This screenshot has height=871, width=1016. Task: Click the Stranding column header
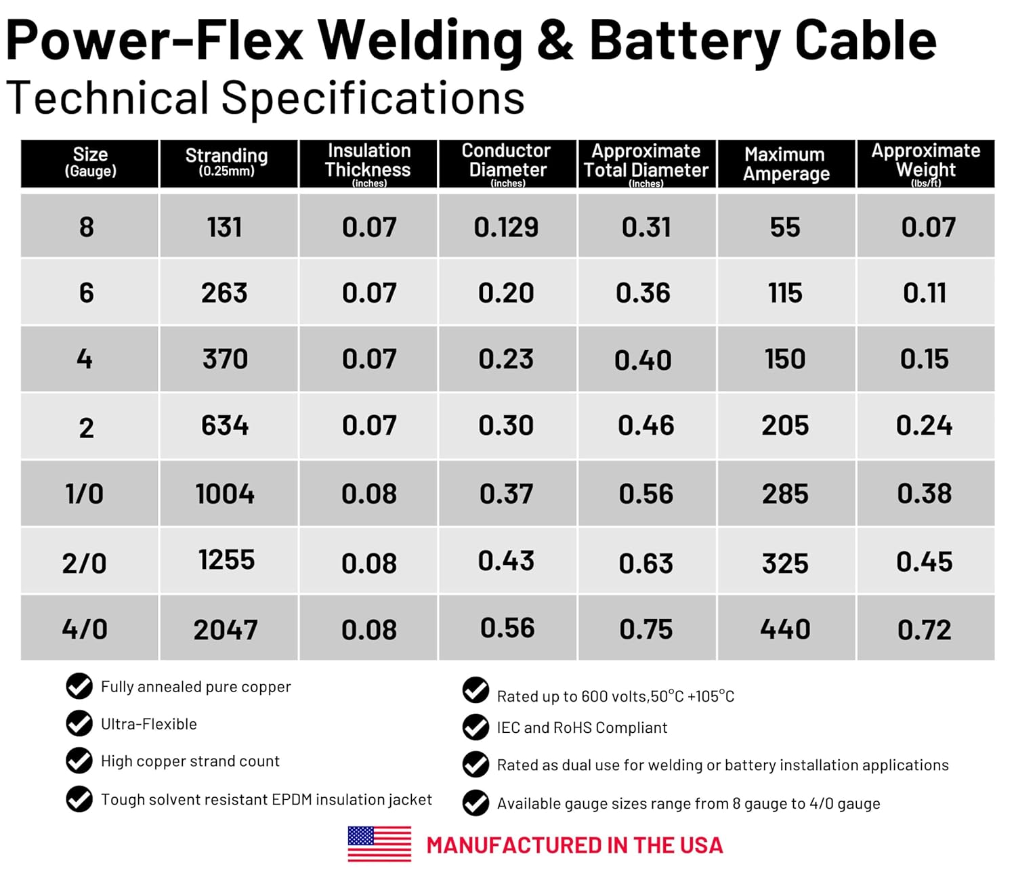pyautogui.click(x=227, y=163)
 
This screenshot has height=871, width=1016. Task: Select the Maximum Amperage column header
pyautogui.click(x=786, y=164)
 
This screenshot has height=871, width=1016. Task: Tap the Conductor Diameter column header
pyautogui.click(x=507, y=163)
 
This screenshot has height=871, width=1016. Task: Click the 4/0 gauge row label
pyautogui.click(x=85, y=629)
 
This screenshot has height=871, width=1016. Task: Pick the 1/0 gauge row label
pyautogui.click(x=85, y=494)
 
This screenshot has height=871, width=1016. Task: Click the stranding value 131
pyautogui.click(x=225, y=227)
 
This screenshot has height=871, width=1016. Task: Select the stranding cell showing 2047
pyautogui.click(x=226, y=630)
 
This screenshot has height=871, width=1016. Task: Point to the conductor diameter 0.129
pyautogui.click(x=506, y=228)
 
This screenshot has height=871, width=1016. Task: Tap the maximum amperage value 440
pyautogui.click(x=785, y=629)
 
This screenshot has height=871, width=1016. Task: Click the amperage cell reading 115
pyautogui.click(x=785, y=293)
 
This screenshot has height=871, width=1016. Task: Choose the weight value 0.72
pyautogui.click(x=925, y=630)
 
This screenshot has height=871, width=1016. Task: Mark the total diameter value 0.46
pyautogui.click(x=646, y=425)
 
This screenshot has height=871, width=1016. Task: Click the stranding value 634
pyautogui.click(x=225, y=425)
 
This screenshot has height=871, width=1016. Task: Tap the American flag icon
pyautogui.click(x=379, y=844)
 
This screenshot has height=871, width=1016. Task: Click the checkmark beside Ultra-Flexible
pyautogui.click(x=79, y=723)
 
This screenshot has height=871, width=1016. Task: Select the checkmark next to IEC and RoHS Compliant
pyautogui.click(x=475, y=727)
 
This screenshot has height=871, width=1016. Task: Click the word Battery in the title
pyautogui.click(x=685, y=41)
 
